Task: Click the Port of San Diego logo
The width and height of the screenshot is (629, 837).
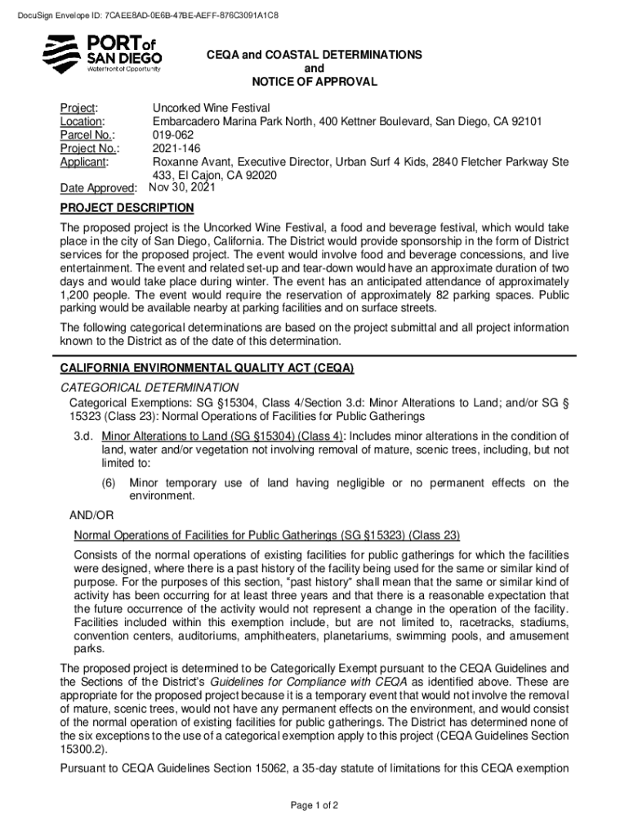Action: pyautogui.click(x=102, y=54)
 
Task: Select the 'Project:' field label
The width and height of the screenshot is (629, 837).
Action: pyautogui.click(x=79, y=108)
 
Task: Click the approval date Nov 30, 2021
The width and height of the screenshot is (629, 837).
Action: pyautogui.click(x=184, y=187)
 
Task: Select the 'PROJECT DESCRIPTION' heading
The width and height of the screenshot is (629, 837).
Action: pyautogui.click(x=127, y=208)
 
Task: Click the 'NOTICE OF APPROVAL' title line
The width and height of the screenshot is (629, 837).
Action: pyautogui.click(x=314, y=82)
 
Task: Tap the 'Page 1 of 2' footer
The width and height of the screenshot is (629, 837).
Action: pyautogui.click(x=314, y=805)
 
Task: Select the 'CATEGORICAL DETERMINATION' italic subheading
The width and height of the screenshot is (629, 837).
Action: pyautogui.click(x=149, y=387)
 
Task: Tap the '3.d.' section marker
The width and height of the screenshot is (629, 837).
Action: pyautogui.click(x=84, y=436)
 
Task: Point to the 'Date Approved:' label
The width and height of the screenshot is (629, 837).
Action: pyautogui.click(x=97, y=189)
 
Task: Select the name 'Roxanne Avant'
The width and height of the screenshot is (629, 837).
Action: pyautogui.click(x=191, y=162)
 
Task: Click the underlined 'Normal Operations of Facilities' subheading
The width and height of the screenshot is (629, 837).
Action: pyautogui.click(x=266, y=535)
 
